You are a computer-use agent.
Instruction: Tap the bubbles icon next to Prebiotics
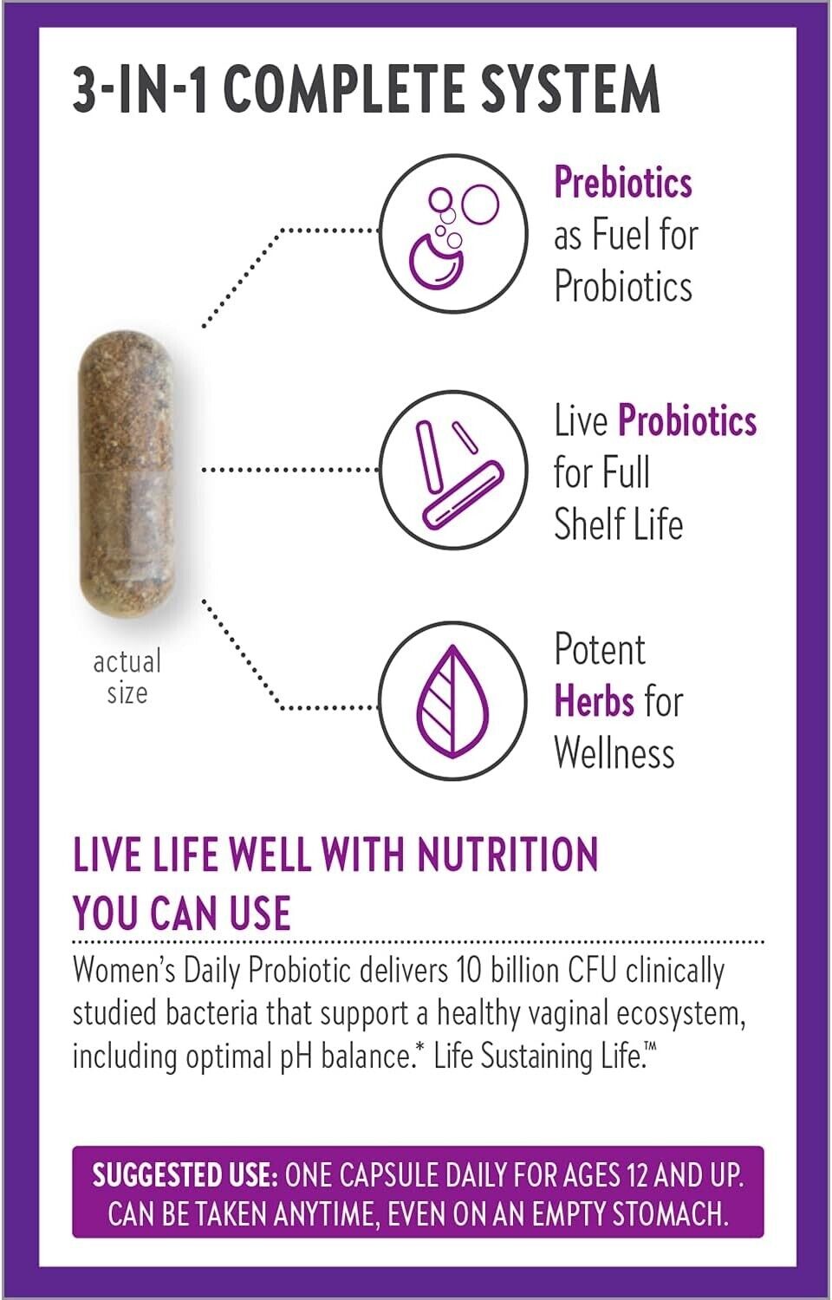coord(453,230)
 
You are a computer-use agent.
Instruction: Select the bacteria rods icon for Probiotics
coord(453,471)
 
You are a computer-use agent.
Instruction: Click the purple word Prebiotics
coord(623,183)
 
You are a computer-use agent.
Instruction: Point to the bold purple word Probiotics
coord(687,420)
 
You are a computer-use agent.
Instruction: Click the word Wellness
coord(614,752)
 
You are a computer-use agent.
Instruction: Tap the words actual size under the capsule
coord(127,677)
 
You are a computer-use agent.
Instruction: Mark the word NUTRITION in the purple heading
coord(507,855)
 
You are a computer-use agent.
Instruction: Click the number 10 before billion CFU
coord(470,971)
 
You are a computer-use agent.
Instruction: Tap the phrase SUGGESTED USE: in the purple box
coord(185,1175)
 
